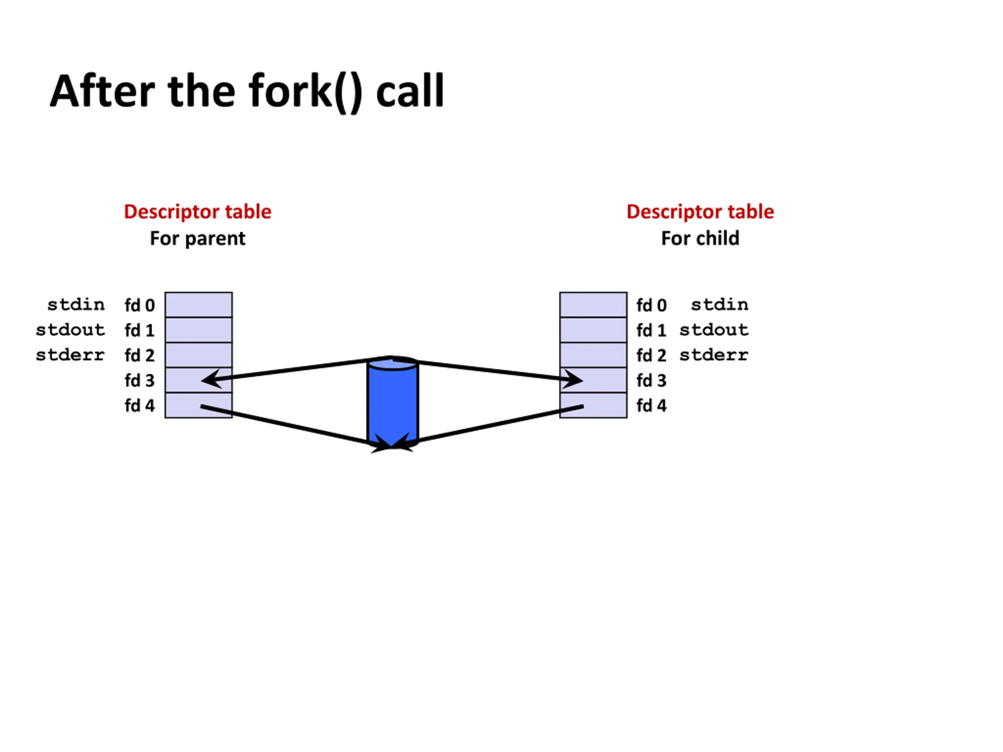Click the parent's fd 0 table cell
point(199,305)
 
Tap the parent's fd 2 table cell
point(199,355)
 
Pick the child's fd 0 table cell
point(593,305)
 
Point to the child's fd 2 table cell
point(593,355)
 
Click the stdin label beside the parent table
point(76,305)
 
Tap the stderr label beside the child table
point(714,355)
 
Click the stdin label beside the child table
point(720,305)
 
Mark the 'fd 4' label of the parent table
point(139,406)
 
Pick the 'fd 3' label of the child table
point(651,381)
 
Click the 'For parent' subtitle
point(198,239)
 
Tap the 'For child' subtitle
point(700,239)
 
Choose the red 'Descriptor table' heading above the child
point(700,211)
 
